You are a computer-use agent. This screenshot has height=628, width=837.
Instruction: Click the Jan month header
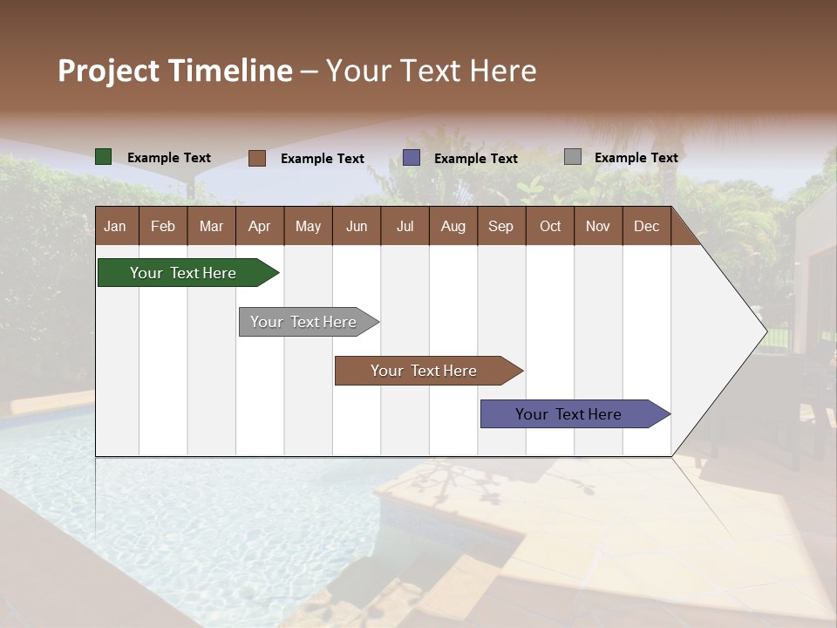click(x=115, y=226)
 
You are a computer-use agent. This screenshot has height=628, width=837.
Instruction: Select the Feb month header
click(x=163, y=226)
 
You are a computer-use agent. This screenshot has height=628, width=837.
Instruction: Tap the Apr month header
click(x=259, y=226)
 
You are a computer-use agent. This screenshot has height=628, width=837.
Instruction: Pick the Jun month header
click(x=357, y=226)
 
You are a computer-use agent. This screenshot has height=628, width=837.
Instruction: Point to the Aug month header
click(x=453, y=226)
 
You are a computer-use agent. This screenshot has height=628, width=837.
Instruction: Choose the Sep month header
click(x=500, y=226)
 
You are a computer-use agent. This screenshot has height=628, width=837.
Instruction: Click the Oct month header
click(x=550, y=226)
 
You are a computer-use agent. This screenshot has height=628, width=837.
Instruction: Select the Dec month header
click(x=646, y=226)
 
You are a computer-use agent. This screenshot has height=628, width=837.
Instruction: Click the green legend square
click(x=104, y=157)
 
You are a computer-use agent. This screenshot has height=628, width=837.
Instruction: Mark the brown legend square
click(x=257, y=158)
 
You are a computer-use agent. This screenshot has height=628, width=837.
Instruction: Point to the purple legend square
click(x=412, y=158)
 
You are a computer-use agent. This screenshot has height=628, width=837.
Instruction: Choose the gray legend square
click(x=573, y=157)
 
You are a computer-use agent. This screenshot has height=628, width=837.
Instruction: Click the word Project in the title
click(x=108, y=71)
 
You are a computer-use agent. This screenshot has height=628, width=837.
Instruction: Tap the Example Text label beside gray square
click(x=636, y=157)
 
